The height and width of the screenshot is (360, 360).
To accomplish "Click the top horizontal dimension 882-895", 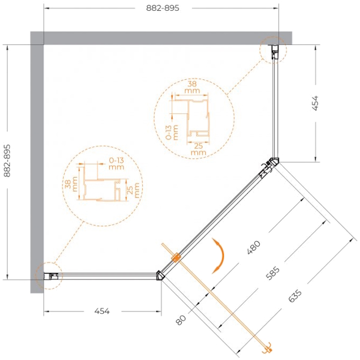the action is pyautogui.click(x=163, y=8).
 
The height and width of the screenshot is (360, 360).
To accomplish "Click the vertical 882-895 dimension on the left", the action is pyautogui.click(x=7, y=160).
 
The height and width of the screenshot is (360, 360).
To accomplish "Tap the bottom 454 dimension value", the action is pyautogui.click(x=102, y=311).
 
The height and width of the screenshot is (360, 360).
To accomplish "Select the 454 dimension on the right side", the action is pyautogui.click(x=316, y=103).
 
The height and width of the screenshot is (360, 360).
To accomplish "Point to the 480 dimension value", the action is pyautogui.click(x=254, y=247).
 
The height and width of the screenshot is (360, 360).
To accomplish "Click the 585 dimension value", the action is pyautogui.click(x=273, y=273).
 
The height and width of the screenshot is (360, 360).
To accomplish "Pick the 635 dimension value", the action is pyautogui.click(x=295, y=296).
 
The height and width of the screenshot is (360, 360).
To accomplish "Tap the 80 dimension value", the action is pyautogui.click(x=181, y=320).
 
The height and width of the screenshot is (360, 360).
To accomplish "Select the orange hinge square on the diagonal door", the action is pyautogui.click(x=176, y=257).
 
